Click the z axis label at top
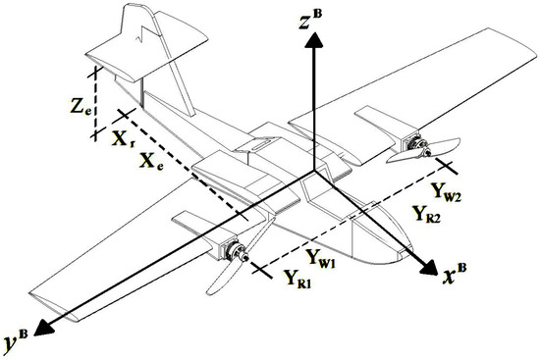311,20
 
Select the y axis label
16,340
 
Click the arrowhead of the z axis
314,39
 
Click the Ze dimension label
81,106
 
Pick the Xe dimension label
151,161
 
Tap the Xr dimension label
123,138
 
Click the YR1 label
297,279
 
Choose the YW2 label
446,191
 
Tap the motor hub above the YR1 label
238,252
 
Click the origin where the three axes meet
314,171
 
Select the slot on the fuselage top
264,144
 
